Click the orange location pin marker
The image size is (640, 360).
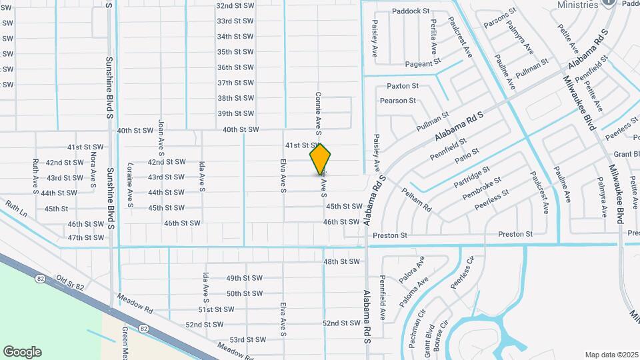tap(320, 159)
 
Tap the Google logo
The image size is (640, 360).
tap(22, 351)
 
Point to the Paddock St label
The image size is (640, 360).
tap(411, 11)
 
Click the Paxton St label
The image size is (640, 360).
tap(403, 86)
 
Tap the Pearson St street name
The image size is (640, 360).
tap(398, 101)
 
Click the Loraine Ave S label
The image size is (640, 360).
tap(131, 184)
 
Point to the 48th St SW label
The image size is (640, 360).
tap(341, 261)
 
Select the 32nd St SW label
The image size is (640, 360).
tap(235, 5)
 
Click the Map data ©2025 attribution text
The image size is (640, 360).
tap(611, 354)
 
